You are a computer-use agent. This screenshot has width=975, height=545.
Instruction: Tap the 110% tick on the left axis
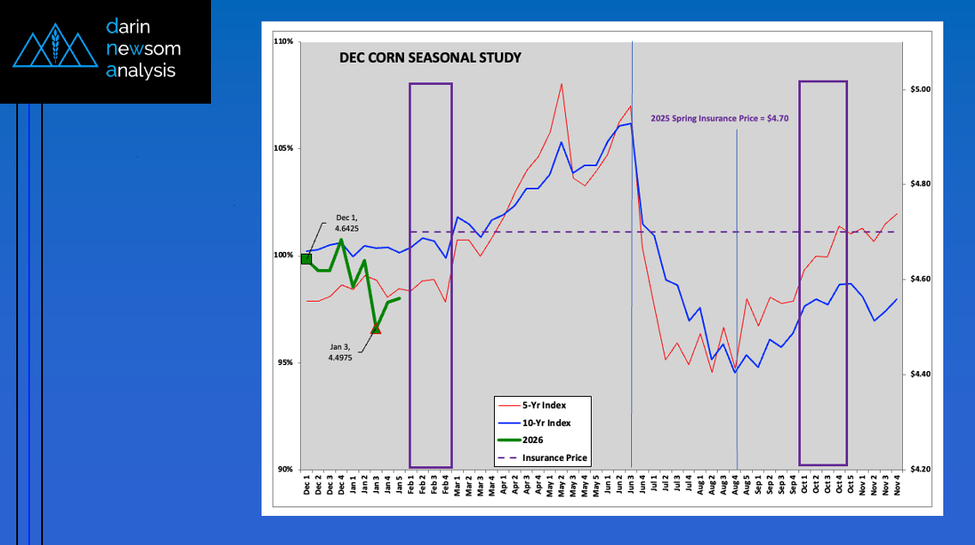(285, 41)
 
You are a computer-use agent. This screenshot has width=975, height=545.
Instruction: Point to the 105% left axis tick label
(285, 148)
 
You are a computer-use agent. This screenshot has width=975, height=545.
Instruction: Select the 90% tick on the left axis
(286, 469)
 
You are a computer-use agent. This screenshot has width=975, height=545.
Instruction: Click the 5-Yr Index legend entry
(544, 404)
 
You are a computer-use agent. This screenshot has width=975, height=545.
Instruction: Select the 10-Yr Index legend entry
(545, 422)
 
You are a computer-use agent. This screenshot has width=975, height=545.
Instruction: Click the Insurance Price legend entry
(554, 458)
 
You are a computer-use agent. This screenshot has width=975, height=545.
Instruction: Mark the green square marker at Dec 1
(306, 259)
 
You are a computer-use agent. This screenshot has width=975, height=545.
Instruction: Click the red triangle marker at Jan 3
(376, 328)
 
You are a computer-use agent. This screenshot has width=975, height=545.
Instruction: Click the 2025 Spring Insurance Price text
(719, 119)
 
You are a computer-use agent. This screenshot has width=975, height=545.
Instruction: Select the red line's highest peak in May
(562, 84)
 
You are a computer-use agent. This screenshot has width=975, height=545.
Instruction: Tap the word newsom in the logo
(143, 49)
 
